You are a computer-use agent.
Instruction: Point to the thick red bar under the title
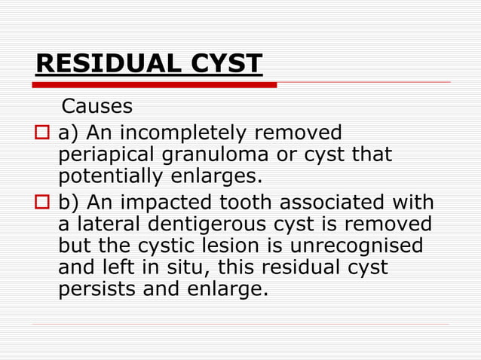coord(155,85)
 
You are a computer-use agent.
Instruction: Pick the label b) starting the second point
coord(69,203)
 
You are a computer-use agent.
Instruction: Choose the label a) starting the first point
coord(69,134)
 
